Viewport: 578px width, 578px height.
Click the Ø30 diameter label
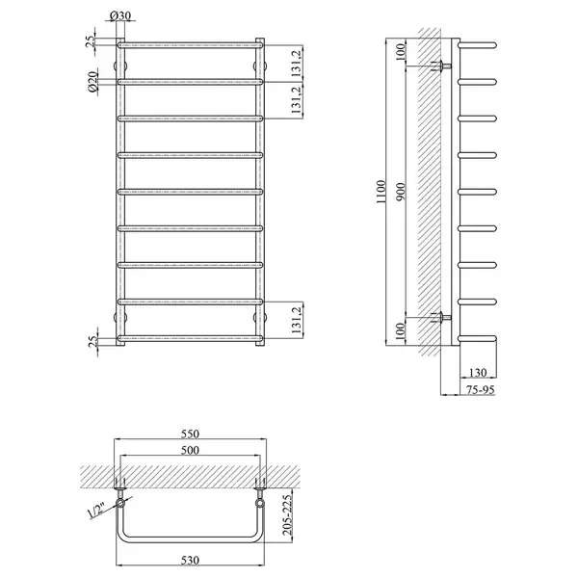click(120, 15)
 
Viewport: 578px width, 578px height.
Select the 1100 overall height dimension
click(381, 192)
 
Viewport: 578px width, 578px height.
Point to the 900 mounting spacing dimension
click(401, 192)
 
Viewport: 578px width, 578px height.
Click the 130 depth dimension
click(478, 373)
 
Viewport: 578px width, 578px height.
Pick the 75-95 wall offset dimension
click(480, 389)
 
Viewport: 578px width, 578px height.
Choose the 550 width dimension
click(190, 433)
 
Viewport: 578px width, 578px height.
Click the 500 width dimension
click(190, 450)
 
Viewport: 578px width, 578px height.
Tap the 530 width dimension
click(190, 561)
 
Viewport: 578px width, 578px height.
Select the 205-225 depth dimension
click(287, 515)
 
